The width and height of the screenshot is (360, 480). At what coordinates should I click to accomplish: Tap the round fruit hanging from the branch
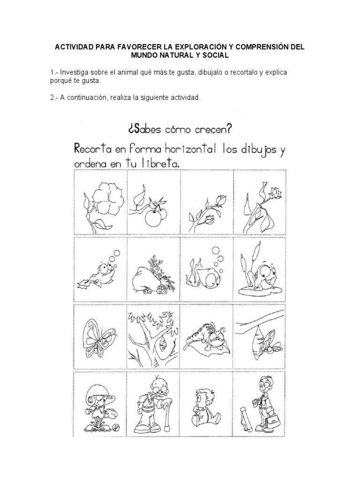[151, 217]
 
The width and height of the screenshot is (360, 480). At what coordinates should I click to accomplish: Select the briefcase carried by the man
[272, 412]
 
